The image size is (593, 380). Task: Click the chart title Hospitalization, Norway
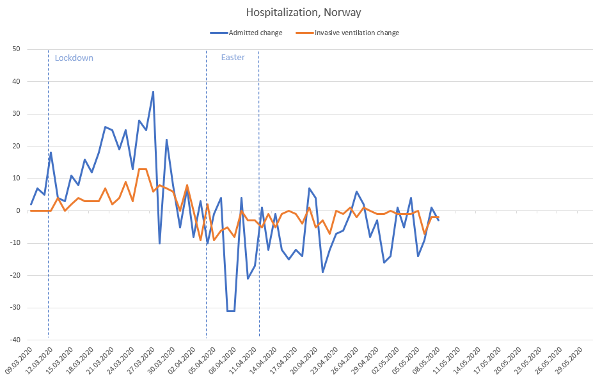click(x=296, y=13)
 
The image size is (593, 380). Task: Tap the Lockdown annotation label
click(x=74, y=58)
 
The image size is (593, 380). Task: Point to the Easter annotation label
click(x=233, y=58)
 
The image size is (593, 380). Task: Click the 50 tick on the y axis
click(x=17, y=49)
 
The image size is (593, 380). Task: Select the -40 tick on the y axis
click(x=15, y=340)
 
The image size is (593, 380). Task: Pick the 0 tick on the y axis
click(x=19, y=210)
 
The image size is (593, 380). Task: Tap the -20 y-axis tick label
click(x=15, y=275)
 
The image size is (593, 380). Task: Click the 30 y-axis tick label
click(x=17, y=114)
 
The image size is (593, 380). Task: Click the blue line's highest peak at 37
click(x=153, y=91)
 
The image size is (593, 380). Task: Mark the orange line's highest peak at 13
click(x=143, y=169)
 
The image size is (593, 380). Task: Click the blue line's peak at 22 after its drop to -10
click(x=166, y=139)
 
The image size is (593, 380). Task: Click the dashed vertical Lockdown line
click(x=49, y=192)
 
